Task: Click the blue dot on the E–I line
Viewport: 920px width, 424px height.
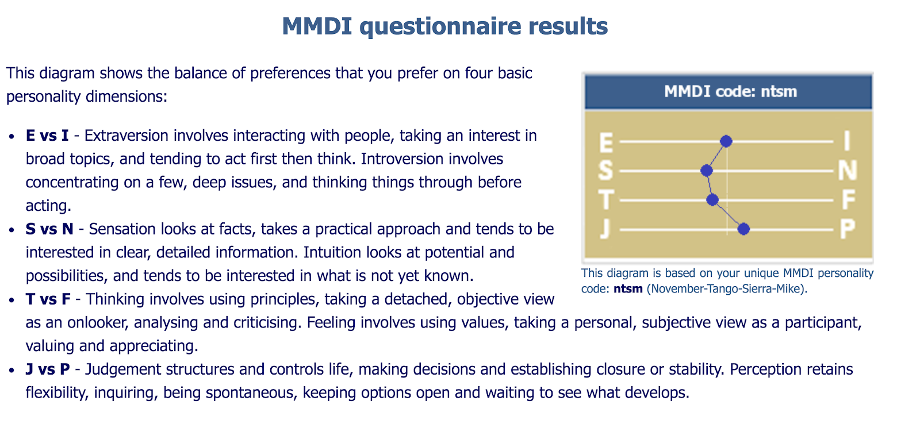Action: click(726, 141)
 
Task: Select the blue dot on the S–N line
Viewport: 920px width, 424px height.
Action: click(707, 170)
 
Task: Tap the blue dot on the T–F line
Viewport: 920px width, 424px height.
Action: click(712, 200)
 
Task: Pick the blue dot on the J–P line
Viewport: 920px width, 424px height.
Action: click(743, 229)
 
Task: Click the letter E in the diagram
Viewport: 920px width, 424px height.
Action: click(606, 143)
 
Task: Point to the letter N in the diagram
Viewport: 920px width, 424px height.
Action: click(848, 170)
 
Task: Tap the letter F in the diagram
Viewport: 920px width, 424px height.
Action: click(849, 200)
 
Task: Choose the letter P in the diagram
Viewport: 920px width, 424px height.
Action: click(848, 229)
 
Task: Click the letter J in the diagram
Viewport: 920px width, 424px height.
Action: click(605, 229)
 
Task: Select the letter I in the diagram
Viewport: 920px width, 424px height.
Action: click(847, 141)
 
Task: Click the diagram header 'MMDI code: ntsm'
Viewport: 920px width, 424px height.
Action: click(730, 91)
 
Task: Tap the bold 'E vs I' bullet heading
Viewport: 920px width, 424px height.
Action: click(47, 136)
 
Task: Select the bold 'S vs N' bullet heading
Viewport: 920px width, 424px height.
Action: click(49, 229)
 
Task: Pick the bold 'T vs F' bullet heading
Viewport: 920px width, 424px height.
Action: click(48, 299)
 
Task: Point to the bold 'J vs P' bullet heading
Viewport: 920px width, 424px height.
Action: click(48, 369)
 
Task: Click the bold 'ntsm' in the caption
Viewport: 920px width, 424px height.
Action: click(628, 289)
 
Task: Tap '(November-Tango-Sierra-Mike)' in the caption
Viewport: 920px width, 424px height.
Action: click(727, 289)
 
